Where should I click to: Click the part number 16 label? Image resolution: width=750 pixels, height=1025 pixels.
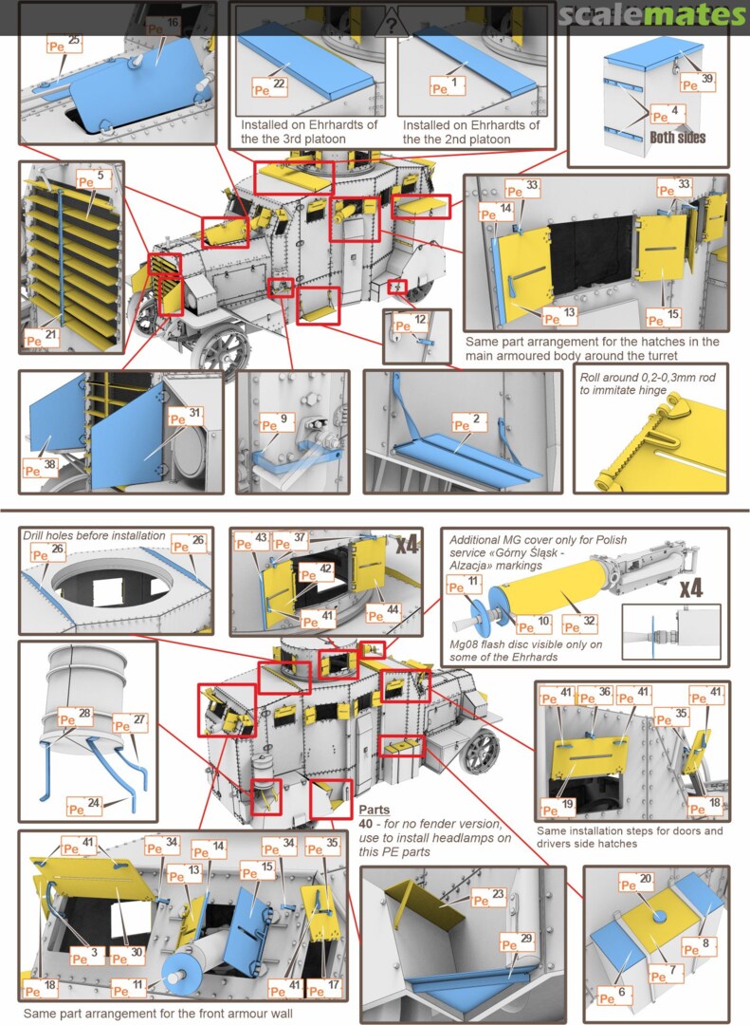(x=171, y=22)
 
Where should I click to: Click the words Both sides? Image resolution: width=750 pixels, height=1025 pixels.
(x=678, y=137)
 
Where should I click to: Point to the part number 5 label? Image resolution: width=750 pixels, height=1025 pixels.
(x=100, y=177)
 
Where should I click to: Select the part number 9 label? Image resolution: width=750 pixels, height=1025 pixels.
(x=283, y=418)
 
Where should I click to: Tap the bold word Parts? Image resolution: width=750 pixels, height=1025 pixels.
(x=375, y=811)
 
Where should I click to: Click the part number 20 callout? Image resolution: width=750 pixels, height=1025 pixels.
(x=646, y=882)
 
